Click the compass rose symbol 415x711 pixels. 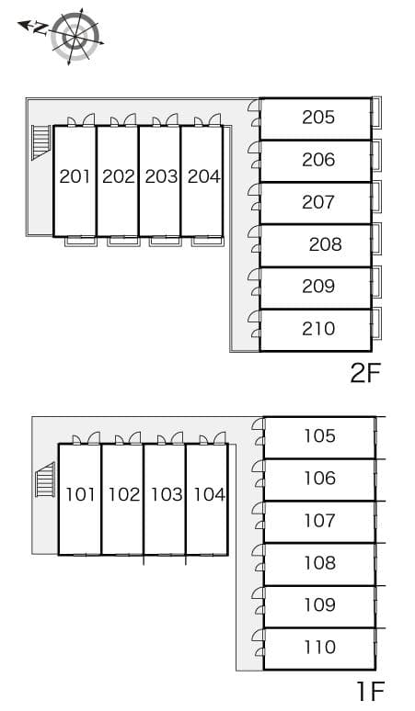tap(75, 35)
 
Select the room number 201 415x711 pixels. tap(75, 176)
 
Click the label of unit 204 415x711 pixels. tap(203, 176)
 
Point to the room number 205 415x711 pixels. tap(318, 117)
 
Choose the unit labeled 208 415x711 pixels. tap(325, 243)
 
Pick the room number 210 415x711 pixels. tap(318, 328)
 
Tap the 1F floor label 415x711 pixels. tap(370, 690)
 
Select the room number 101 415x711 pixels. tap(80, 494)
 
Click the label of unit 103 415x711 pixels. tap(167, 494)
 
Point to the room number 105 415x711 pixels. tap(319, 435)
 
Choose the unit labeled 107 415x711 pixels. tap(319, 520)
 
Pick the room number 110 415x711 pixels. tap(319, 647)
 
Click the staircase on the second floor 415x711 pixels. tap(40, 141)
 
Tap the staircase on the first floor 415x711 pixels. tap(45, 481)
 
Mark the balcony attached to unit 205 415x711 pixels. tap(376, 113)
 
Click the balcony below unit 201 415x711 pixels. tap(80, 242)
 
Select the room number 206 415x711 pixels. tap(318, 159)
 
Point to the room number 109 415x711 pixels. tap(319, 604)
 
